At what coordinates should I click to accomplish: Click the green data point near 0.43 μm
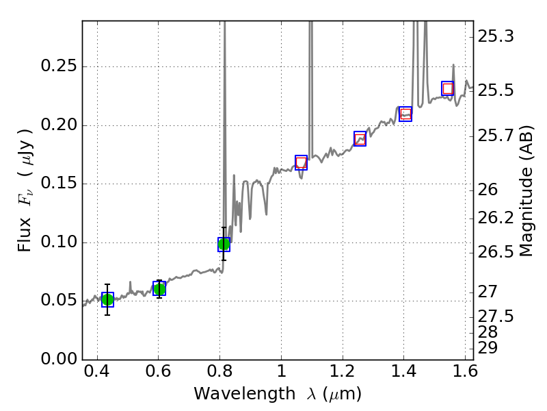coord(107,299)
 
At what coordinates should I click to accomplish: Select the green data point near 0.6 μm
coord(159,289)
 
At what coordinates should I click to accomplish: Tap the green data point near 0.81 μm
coord(224,244)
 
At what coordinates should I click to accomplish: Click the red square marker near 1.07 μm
coord(301,162)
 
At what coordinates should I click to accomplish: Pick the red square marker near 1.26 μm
coord(360,138)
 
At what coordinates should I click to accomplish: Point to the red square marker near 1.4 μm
coord(405,114)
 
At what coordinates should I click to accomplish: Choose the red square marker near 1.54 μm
coord(448,88)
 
